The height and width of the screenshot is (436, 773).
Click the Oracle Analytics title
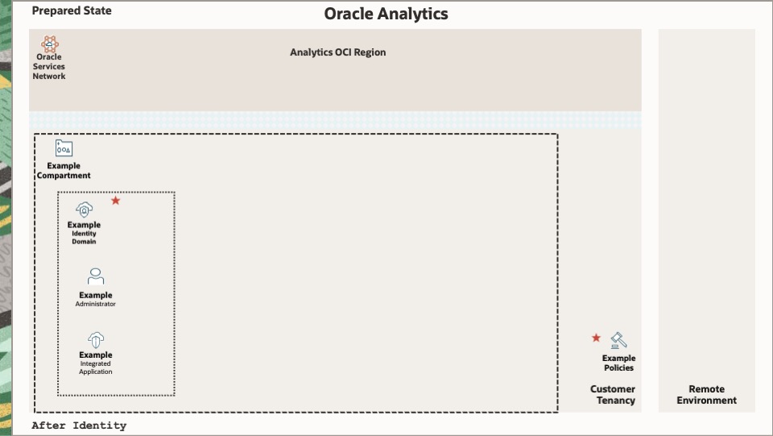click(x=386, y=14)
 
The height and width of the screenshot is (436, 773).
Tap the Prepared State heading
click(x=72, y=10)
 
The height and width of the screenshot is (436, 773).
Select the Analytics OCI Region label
click(x=337, y=52)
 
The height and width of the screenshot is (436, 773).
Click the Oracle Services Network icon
click(x=49, y=44)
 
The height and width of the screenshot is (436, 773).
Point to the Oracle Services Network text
click(x=49, y=67)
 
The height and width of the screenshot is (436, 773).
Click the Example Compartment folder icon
click(x=64, y=148)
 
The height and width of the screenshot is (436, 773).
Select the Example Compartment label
click(x=64, y=171)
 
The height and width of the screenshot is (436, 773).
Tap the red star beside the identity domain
click(x=115, y=200)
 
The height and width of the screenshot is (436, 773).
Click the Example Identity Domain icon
click(x=85, y=210)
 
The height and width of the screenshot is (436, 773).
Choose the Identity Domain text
click(x=84, y=238)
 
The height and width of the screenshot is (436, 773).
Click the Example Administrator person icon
click(x=96, y=276)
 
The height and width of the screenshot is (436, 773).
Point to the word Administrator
click(x=96, y=305)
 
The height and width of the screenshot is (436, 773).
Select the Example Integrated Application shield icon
click(x=96, y=340)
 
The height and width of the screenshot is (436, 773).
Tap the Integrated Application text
click(x=96, y=368)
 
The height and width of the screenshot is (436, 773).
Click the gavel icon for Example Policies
click(x=618, y=340)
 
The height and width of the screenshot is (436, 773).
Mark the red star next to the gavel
click(x=596, y=338)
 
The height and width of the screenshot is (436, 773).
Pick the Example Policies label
click(x=618, y=363)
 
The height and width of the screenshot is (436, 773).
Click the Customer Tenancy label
click(x=613, y=395)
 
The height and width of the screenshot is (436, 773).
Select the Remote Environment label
click(x=706, y=395)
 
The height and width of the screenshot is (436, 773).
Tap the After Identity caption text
click(x=79, y=426)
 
